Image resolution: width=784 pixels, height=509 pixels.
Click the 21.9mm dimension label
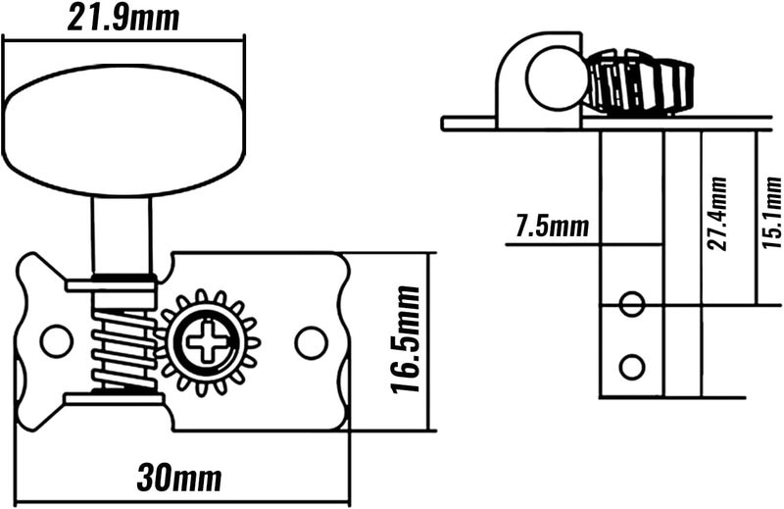pos(123,18)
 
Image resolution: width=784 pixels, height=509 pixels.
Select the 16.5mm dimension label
pos(405,340)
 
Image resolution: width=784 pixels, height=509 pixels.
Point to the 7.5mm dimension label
pos(553,226)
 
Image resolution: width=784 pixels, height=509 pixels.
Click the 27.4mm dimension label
pos(717,214)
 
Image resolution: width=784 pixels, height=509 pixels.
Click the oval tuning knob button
pos(123,130)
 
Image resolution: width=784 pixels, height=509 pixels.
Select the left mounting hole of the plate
pos(57,342)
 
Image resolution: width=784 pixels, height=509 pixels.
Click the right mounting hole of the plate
pos(312,342)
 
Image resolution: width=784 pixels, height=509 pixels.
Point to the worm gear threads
pos(125,348)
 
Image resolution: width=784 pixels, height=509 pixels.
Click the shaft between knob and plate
pos(122,235)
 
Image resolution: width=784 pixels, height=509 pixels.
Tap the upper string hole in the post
pos(631,304)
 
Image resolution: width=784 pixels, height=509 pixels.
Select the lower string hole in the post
pos(631,368)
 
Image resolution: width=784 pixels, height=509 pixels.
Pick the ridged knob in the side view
pos(640,82)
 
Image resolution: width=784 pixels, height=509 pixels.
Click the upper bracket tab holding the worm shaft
pos(111,286)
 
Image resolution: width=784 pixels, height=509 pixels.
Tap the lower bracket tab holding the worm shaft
pos(115,398)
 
